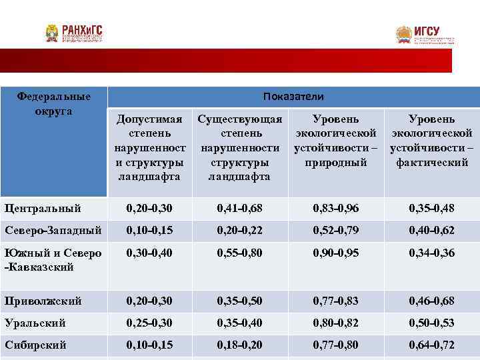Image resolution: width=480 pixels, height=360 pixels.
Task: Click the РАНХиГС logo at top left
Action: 75,33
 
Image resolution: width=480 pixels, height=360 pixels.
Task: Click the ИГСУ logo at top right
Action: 425,35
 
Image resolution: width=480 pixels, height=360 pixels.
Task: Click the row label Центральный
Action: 43,209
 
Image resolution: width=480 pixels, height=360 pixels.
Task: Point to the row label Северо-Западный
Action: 53,231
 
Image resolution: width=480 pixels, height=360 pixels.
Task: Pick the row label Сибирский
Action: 35,346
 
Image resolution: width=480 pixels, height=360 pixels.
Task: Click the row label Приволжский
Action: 43,301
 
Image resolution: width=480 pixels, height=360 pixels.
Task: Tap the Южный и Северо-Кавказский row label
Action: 53,260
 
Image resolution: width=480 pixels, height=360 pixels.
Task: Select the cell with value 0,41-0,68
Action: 240,209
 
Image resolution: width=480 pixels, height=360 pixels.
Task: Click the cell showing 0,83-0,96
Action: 336,209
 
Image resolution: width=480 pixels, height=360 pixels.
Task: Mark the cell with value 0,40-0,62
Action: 432,231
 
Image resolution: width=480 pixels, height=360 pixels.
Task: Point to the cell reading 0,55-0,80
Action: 240,253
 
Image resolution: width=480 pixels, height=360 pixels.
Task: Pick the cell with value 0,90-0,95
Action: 336,253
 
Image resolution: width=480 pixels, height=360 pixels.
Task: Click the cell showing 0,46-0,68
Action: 432,301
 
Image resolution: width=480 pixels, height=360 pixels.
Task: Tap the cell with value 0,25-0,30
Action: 149,323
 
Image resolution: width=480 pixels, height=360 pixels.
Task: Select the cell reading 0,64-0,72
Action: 432,346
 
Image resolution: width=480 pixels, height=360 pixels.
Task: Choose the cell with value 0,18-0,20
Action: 240,346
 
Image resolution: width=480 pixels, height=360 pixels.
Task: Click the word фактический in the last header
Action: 432,162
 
